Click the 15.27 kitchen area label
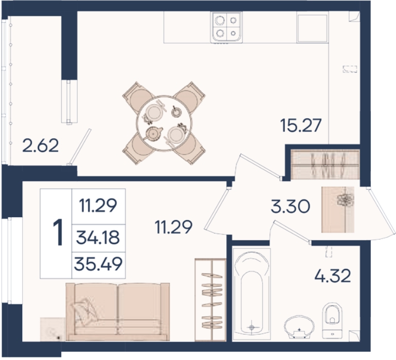tap(301, 125)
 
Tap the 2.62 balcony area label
tap(41, 146)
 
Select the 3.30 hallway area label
tap(290, 206)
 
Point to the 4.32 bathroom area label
tap(333, 276)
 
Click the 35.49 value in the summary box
tap(99, 264)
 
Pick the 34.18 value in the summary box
tap(98, 238)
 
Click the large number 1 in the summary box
tap(58, 232)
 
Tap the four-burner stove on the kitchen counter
tap(226, 27)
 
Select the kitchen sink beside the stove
tap(312, 28)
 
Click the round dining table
tap(164, 123)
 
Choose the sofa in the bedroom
tap(117, 312)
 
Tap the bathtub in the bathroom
tap(251, 294)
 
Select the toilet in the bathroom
tap(332, 320)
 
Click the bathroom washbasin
tap(299, 327)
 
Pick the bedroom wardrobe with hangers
tap(211, 299)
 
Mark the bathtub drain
tap(251, 328)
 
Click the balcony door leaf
tap(80, 147)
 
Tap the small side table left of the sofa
tap(52, 330)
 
